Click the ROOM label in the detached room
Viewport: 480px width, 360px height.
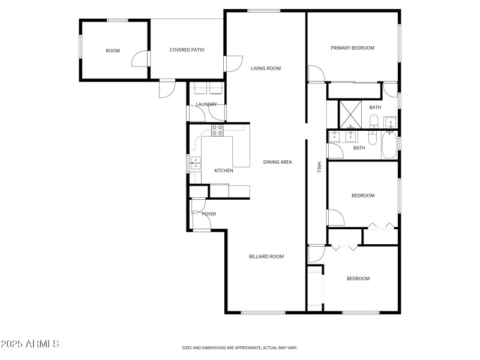[x=113, y=50]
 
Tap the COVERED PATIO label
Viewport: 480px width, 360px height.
[x=187, y=50]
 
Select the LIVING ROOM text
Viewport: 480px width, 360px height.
[x=265, y=68]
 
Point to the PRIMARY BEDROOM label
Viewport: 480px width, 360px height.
[x=353, y=48]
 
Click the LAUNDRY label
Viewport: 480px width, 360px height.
[x=206, y=104]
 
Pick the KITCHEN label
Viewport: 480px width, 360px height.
[x=224, y=171]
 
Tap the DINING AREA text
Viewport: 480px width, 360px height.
[x=277, y=162]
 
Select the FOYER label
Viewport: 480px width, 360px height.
[x=209, y=214]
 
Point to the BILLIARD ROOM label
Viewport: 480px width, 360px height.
[x=266, y=256]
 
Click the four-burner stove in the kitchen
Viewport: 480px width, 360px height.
[x=217, y=130]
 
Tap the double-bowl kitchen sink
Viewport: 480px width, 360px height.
[x=196, y=163]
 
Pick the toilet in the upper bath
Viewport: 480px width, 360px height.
[x=373, y=123]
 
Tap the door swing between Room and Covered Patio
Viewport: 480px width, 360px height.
[x=139, y=59]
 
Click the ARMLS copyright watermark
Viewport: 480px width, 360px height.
[x=30, y=344]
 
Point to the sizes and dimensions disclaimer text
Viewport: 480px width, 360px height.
[x=239, y=347]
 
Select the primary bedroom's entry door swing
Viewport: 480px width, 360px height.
[x=316, y=74]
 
